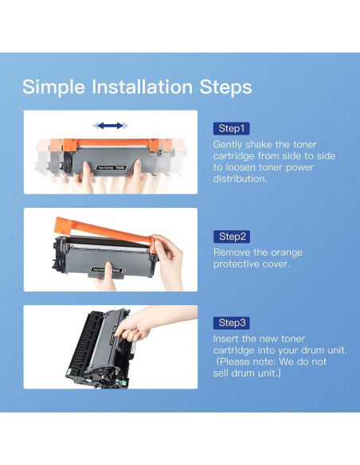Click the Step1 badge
(231, 128)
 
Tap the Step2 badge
(232, 236)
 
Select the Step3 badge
(231, 322)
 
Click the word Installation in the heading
(142, 87)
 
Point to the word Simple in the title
(53, 88)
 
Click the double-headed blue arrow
(111, 126)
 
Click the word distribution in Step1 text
(240, 179)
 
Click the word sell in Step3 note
(221, 373)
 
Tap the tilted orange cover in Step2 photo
(104, 232)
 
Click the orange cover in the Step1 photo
(112, 145)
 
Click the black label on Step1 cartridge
(112, 168)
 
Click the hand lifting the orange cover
(170, 261)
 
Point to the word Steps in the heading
(225, 88)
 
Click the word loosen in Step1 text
(241, 167)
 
